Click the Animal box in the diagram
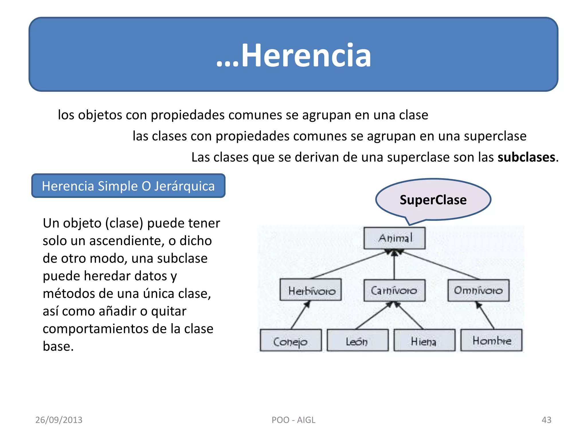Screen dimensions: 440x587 (394, 238)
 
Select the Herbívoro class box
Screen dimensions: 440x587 (311, 290)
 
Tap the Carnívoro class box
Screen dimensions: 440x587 (394, 290)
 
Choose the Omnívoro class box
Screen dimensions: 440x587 (478, 290)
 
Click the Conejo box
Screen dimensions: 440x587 (291, 340)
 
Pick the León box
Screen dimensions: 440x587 (357, 340)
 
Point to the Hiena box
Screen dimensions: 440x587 (424, 340)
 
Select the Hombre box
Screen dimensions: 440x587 (491, 340)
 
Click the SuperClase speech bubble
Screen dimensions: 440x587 (433, 200)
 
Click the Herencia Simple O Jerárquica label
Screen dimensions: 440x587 (128, 186)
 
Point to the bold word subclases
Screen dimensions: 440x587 (526, 157)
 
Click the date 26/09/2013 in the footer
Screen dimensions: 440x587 (59, 420)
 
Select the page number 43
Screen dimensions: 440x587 (546, 420)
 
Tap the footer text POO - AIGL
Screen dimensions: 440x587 (293, 420)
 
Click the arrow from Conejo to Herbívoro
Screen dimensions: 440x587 (300, 315)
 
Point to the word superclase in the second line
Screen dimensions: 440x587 (495, 136)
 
